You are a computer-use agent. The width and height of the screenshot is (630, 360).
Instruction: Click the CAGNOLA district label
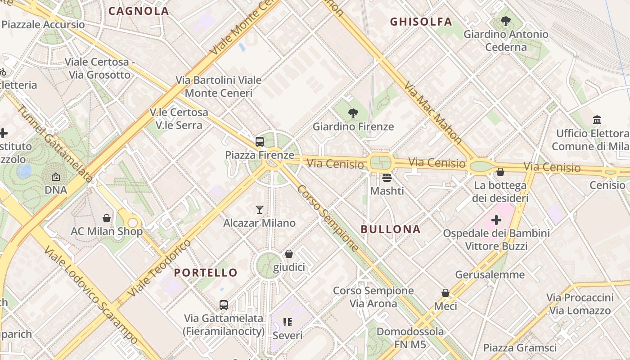139,11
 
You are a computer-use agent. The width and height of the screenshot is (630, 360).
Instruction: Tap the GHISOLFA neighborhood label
421,22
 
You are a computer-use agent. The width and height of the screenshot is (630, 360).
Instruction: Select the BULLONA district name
391,229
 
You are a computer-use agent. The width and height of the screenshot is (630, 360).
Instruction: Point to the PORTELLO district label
206,272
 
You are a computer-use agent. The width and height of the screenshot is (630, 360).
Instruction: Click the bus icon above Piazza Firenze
260,142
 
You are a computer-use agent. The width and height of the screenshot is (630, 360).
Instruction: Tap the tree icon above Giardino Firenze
353,113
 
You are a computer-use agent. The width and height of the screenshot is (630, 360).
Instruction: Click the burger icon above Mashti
387,178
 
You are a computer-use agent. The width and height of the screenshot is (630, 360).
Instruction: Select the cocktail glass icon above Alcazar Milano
260,209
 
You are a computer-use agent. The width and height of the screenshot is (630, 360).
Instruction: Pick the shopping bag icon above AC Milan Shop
107,218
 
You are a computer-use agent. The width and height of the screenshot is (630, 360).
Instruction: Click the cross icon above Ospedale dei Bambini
496,220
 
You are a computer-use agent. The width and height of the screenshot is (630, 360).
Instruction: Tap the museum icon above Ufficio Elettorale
597,120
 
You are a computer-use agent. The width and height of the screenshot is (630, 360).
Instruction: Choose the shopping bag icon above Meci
445,293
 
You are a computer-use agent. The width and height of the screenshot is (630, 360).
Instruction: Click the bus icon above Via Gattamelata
224,305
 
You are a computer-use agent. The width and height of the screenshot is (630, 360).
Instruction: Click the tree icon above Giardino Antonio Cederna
506,21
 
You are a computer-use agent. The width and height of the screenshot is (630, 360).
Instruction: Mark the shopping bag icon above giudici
289,254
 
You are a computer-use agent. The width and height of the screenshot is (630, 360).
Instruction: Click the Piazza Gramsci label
520,347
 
